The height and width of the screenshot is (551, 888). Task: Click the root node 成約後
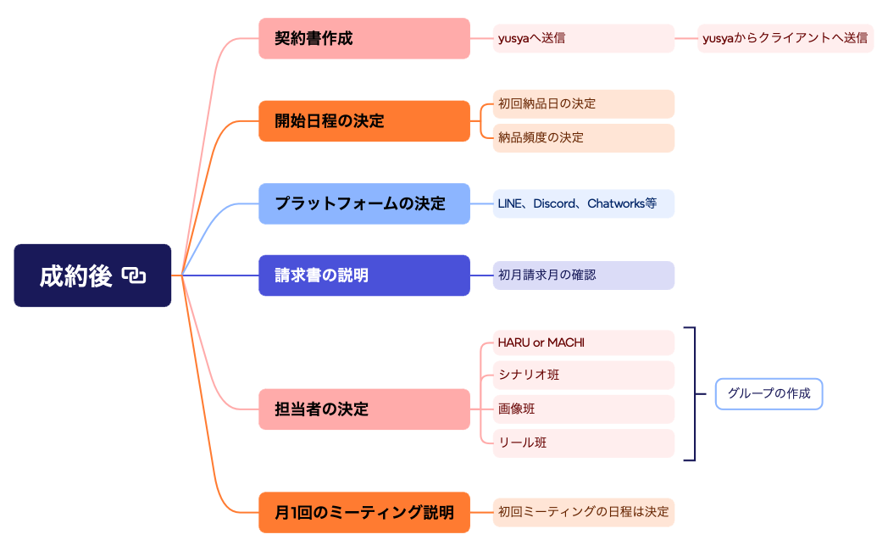(x=76, y=275)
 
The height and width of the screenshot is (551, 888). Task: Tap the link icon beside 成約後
(x=134, y=275)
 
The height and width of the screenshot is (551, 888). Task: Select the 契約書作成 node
(x=364, y=38)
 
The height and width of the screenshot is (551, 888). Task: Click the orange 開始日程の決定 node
(x=364, y=121)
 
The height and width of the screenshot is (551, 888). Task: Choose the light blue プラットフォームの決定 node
(x=364, y=203)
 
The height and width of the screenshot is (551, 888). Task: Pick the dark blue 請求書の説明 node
(x=364, y=275)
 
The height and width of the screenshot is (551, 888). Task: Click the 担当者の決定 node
(x=364, y=409)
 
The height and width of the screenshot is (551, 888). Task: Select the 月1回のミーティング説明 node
(x=364, y=513)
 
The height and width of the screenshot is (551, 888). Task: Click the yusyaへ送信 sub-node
(x=583, y=38)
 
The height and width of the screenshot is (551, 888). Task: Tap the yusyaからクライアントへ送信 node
(x=785, y=38)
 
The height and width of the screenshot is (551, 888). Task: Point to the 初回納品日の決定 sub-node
(x=583, y=103)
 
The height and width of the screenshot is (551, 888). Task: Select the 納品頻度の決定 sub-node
(x=583, y=137)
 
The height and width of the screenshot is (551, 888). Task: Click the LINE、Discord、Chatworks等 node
(x=583, y=203)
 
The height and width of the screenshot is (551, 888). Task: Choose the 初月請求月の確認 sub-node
(x=583, y=275)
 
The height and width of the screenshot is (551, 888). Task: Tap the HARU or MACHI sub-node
(x=583, y=342)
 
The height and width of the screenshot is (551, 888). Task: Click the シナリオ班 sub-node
(x=583, y=375)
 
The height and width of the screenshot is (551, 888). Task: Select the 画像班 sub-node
(x=583, y=409)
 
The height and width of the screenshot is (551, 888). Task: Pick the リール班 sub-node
(x=583, y=442)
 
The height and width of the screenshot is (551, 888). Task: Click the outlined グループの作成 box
(x=769, y=393)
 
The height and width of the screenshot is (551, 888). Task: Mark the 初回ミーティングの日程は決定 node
(x=583, y=512)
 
